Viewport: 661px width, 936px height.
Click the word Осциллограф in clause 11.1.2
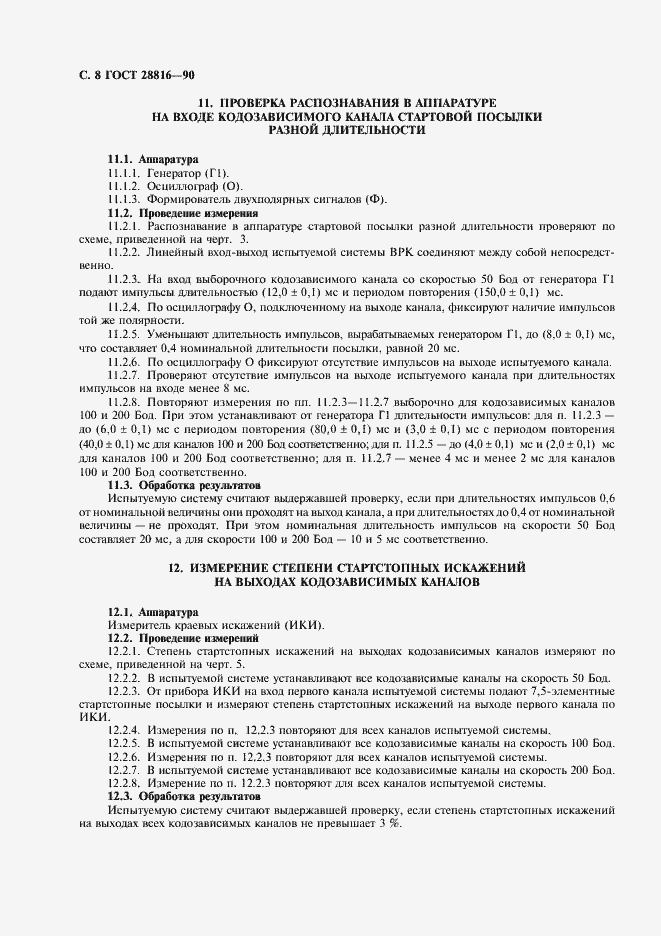pyautogui.click(x=182, y=186)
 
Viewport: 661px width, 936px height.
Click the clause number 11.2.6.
pyautogui.click(x=124, y=361)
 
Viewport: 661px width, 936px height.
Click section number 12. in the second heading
pyautogui.click(x=175, y=567)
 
